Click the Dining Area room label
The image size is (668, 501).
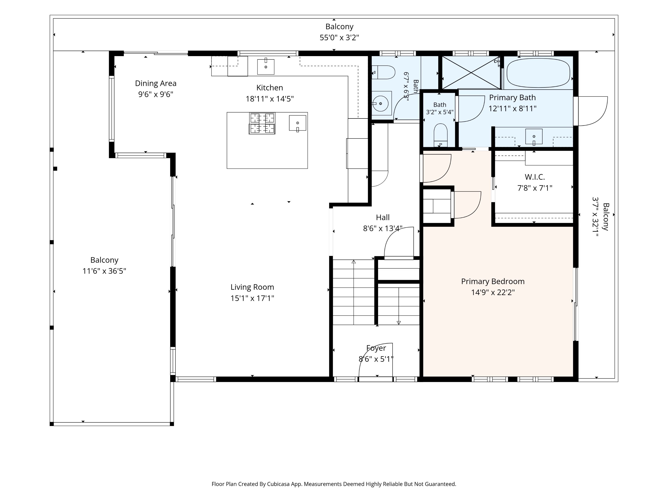pos(155,83)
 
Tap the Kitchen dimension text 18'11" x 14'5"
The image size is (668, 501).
pos(269,99)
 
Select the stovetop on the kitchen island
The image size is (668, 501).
pos(262,123)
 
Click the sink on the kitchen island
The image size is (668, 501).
pos(297,123)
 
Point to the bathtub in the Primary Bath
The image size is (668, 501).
pos(538,73)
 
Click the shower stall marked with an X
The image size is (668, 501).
pos(471,73)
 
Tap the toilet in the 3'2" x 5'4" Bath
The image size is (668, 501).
pos(440,135)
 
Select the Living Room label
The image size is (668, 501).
pos(252,287)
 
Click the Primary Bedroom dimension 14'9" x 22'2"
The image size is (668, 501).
pos(493,292)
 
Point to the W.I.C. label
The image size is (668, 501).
pos(535,177)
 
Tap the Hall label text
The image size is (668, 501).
pos(383,217)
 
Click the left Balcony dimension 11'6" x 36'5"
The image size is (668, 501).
pos(104,271)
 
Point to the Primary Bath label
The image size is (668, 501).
pos(513,98)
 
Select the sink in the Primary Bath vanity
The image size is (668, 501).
pos(534,137)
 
